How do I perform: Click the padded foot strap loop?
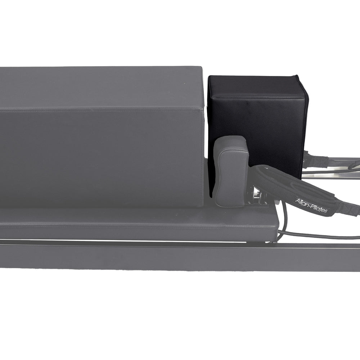[284, 184]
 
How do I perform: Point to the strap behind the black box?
[317, 160]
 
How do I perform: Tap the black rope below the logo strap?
[317, 236]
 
